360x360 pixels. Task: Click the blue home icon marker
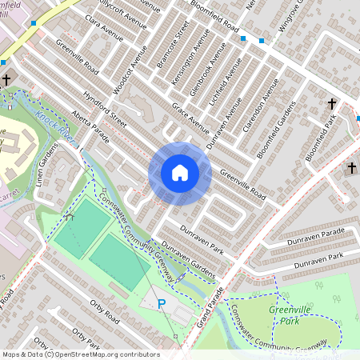tap(180, 173)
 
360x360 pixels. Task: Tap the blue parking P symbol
tap(162, 304)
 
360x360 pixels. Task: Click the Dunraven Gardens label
tap(188, 261)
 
